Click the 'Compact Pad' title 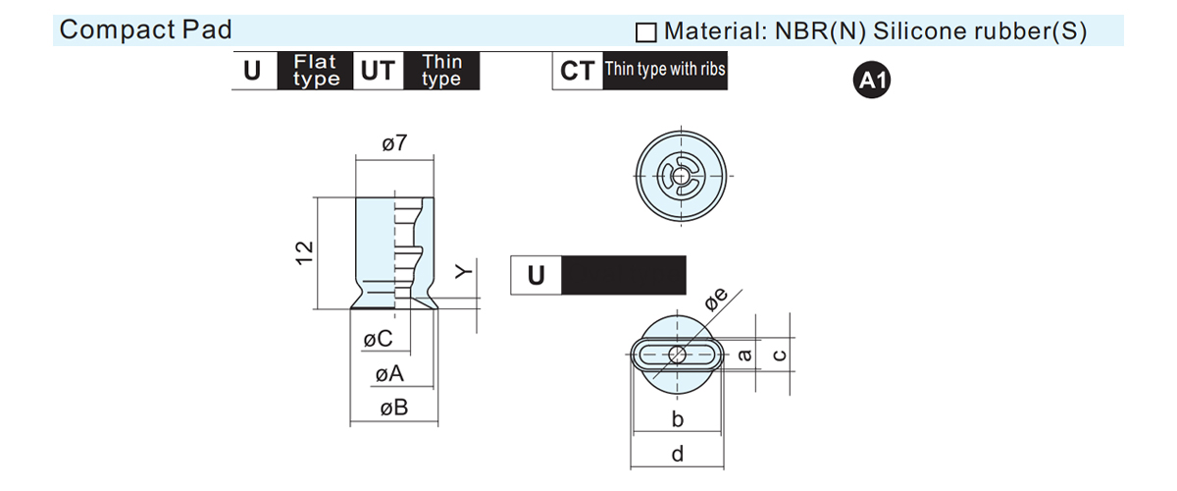point(145,29)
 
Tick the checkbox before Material point(645,32)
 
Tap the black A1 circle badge point(872,80)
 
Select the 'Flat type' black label point(315,71)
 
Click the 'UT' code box point(378,71)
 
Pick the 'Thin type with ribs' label point(665,71)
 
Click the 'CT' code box point(578,71)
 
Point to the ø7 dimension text point(394,143)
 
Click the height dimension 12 point(305,253)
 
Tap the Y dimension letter point(463,271)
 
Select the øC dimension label point(378,339)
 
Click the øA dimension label point(389,374)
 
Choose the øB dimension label point(394,408)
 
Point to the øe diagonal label point(716,300)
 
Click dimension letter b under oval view point(678,419)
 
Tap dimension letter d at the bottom point(678,454)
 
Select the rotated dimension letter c point(780,355)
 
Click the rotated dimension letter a point(744,355)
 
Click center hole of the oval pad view point(678,355)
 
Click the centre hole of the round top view point(681,176)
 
